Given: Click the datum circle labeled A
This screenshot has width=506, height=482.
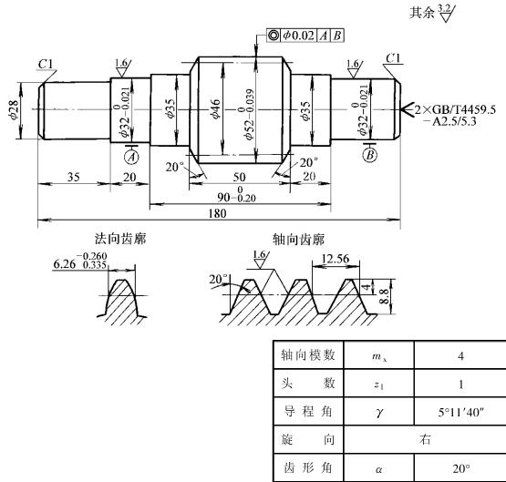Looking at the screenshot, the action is coord(131,157).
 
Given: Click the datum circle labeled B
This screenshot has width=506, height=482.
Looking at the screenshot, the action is coord(370,155).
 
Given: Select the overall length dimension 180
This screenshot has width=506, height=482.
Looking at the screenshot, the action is coord(218,213).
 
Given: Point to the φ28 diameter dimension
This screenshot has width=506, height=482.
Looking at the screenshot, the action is coord(15,110).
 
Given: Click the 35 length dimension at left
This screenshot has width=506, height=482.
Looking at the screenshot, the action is coord(74,177).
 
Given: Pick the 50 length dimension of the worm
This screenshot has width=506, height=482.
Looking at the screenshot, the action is coord(239,177).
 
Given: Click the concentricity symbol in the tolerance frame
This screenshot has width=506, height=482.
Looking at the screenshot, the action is coord(274,36).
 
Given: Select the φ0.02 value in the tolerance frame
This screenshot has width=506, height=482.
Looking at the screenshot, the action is coord(298,36).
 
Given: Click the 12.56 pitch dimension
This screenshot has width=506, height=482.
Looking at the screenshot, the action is coord(336,259).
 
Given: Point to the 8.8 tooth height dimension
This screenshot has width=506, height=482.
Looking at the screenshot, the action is coord(385,296).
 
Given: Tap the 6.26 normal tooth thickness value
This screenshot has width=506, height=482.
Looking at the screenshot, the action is coord(65,264).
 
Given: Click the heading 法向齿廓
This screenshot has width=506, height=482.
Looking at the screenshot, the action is coord(120,239).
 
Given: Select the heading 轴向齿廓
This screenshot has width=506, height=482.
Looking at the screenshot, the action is coord(298,240).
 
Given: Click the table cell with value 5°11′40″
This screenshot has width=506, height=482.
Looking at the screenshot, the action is coord(461,412).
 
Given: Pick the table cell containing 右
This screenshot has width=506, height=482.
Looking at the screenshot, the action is coord(425,439).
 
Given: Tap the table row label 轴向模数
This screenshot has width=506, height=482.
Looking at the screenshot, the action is coord(308,355).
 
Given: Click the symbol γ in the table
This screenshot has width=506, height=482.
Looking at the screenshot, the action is coord(379,413).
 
